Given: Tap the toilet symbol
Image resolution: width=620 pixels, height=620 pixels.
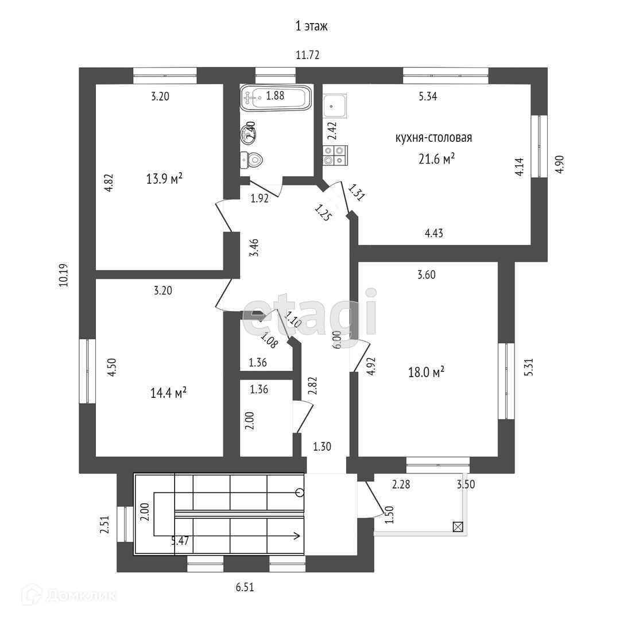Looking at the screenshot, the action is (252, 159).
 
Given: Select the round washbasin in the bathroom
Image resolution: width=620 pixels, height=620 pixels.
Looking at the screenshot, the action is (249, 134).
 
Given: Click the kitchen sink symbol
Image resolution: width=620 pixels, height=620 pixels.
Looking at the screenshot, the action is (334, 106).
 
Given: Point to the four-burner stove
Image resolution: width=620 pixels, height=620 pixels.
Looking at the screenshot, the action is (335, 156).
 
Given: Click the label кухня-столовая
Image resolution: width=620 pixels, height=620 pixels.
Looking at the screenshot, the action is (433, 138).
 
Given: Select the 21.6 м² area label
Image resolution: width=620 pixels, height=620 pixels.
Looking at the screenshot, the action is (436, 159).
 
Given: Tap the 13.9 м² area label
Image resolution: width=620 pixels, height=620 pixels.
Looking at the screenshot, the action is (165, 179).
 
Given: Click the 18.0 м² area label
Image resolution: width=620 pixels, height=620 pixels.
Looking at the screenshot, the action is (427, 373).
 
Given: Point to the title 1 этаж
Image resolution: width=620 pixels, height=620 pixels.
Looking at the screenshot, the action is (311, 26).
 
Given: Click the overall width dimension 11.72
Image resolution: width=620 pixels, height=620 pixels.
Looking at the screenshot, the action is (307, 55).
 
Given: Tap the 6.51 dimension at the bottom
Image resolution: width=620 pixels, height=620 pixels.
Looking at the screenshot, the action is (245, 587).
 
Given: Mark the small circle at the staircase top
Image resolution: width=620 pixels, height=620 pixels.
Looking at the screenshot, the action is (300, 492).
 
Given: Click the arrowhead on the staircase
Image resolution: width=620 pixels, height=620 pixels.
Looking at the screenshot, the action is (297, 536).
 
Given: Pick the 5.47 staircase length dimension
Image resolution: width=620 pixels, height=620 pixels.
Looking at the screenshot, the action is (181, 540).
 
